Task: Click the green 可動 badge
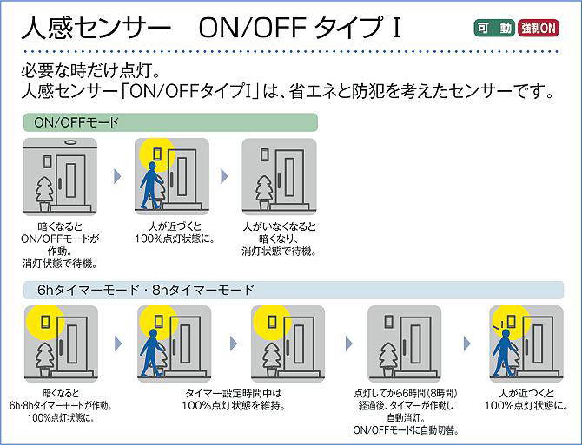pos(493,28)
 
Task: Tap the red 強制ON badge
pos(539,28)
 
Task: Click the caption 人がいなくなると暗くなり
pos(277,239)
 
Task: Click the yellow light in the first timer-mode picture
pos(42,321)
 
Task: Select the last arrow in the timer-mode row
pos(468,341)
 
